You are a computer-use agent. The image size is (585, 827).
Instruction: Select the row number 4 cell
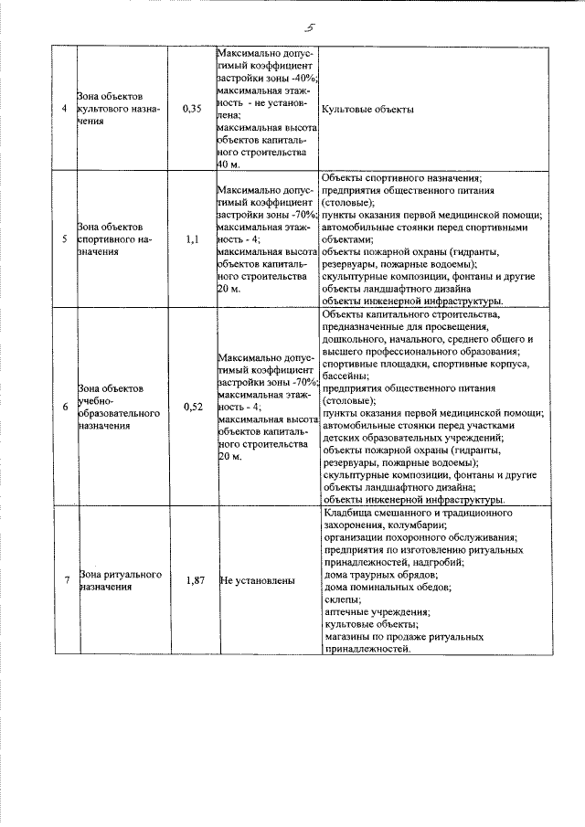[64, 109]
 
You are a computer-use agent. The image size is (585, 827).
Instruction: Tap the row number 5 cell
[64, 239]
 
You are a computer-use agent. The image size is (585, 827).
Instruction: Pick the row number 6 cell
[64, 407]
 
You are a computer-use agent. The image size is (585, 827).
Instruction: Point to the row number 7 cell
[64, 580]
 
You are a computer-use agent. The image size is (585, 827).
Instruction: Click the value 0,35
[192, 109]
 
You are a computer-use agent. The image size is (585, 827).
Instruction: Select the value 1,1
[192, 239]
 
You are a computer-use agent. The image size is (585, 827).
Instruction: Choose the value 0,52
[192, 407]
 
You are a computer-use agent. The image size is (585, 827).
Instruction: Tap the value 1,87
[192, 580]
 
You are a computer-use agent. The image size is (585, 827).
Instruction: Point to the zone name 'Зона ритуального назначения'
[121, 581]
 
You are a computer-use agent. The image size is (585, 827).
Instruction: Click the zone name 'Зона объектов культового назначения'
[120, 109]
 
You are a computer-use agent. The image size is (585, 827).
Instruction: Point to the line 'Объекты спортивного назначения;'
[402, 177]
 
